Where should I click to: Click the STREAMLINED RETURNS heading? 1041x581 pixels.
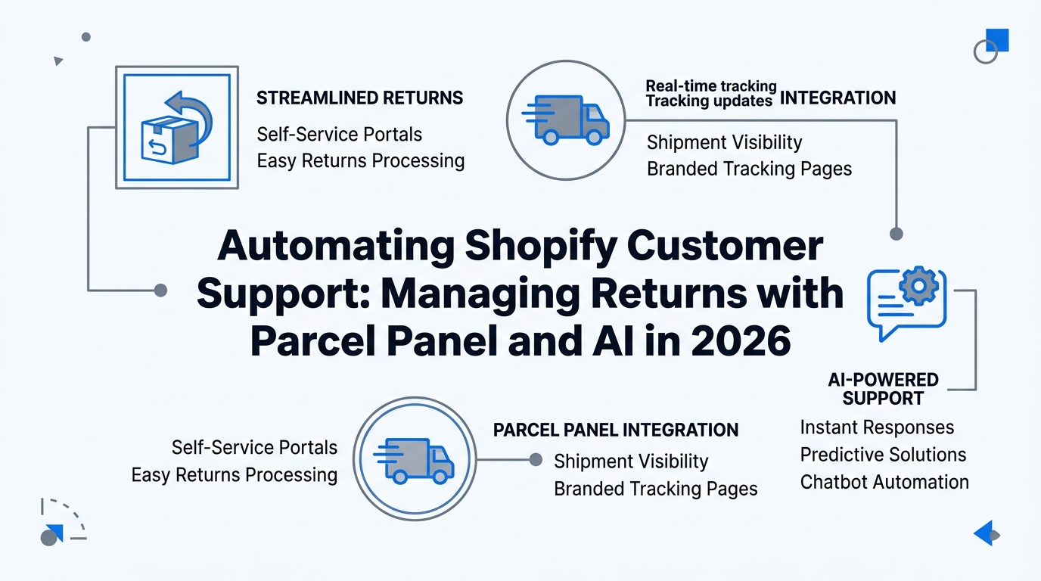pyautogui.click(x=359, y=98)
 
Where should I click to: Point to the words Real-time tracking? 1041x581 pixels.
pyautogui.click(x=710, y=86)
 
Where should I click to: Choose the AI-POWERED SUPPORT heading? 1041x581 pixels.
pyautogui.click(x=882, y=389)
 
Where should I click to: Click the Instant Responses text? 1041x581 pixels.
pyautogui.click(x=877, y=427)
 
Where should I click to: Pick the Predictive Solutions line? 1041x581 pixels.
pyautogui.click(x=883, y=455)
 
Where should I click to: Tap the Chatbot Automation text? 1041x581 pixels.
pyautogui.click(x=884, y=482)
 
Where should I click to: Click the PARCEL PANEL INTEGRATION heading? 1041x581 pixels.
pyautogui.click(x=616, y=430)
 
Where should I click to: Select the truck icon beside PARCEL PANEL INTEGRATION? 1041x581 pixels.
pyautogui.click(x=413, y=459)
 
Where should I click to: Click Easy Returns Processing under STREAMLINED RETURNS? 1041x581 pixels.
pyautogui.click(x=360, y=161)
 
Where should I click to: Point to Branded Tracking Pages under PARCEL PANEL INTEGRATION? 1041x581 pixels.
pyautogui.click(x=655, y=489)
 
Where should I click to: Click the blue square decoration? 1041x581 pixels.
pyautogui.click(x=998, y=39)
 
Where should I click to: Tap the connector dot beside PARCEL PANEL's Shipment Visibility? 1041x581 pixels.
pyautogui.click(x=536, y=459)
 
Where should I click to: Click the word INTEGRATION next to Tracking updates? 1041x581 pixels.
pyautogui.click(x=837, y=98)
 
